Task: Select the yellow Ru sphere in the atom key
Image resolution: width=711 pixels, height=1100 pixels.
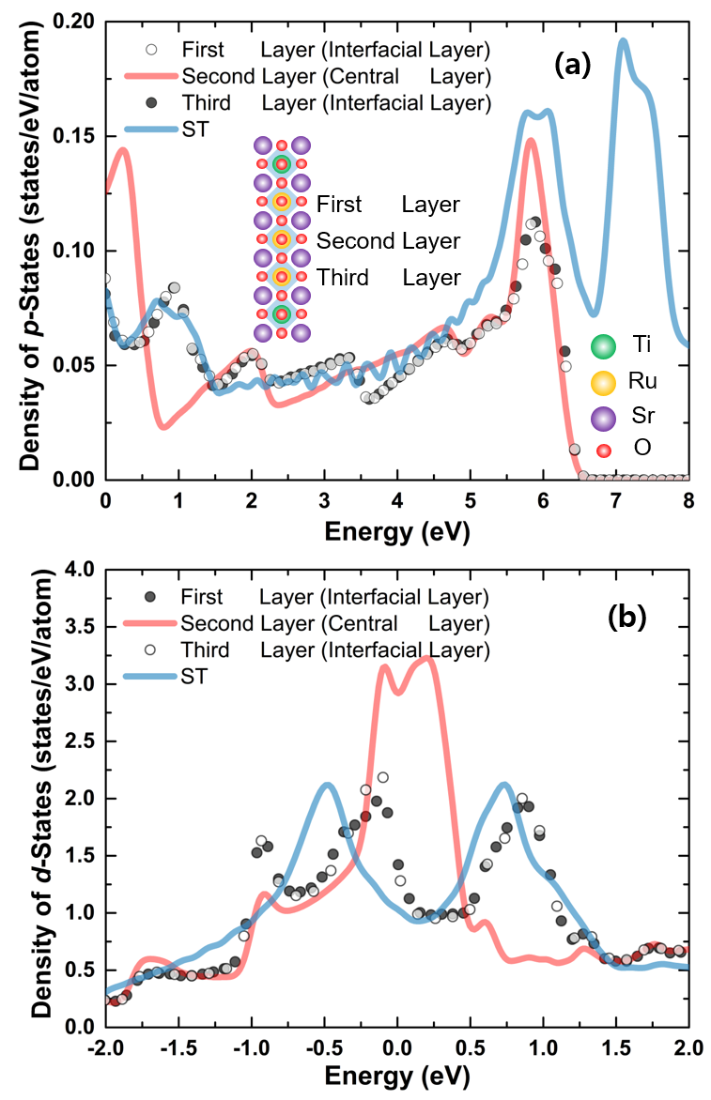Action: click(603, 382)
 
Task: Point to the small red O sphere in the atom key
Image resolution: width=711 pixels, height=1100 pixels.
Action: click(603, 451)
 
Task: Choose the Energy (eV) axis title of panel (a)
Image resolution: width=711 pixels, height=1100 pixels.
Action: click(396, 532)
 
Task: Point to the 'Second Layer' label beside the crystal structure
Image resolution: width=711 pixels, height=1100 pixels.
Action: click(388, 241)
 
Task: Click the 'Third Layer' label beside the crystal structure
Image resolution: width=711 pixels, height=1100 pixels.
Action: click(388, 278)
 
